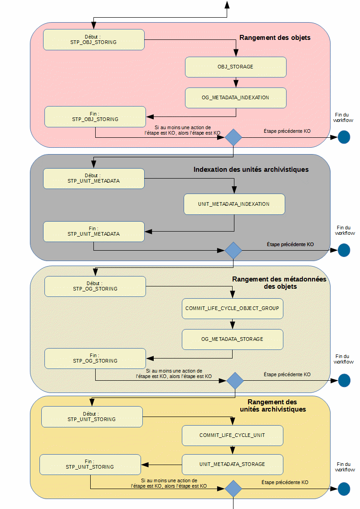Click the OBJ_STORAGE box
[235, 67]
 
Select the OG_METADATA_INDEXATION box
[235, 98]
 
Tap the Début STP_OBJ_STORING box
[94, 39]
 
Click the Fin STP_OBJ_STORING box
[95, 116]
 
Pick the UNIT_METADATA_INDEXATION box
[234, 204]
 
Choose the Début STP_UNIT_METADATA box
[94, 179]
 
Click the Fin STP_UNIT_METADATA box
[94, 231]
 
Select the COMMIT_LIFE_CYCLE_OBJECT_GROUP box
[232, 308]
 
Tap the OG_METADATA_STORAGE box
[232, 339]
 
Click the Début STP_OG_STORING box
[95, 286]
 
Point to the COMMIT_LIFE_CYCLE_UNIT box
[232, 435]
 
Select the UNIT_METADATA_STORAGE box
[232, 464]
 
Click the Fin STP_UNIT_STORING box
[90, 464]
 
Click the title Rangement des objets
[275, 38]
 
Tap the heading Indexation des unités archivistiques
[251, 170]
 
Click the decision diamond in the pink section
[234, 137]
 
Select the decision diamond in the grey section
[234, 250]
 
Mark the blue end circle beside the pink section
[344, 137]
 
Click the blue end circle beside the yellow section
[344, 489]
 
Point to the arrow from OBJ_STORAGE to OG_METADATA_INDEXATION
[236, 82]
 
